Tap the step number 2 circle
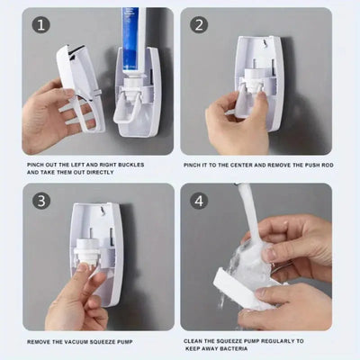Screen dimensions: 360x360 (199, 25)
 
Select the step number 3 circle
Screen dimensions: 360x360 (40, 201)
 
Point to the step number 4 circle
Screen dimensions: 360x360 (199, 201)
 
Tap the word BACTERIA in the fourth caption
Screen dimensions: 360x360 (229, 349)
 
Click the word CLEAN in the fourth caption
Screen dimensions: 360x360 (195, 341)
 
